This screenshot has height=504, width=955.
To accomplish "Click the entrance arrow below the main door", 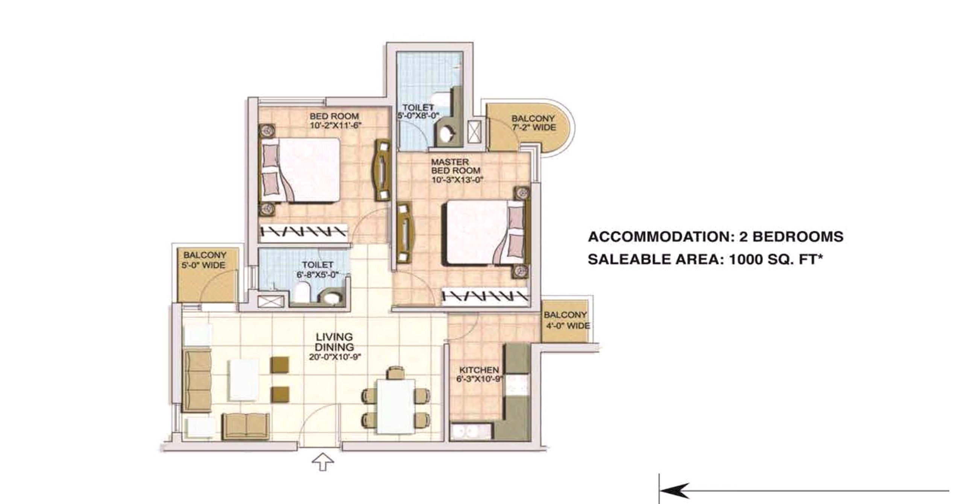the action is point(323,462).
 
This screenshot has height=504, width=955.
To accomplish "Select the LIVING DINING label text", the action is point(334,342).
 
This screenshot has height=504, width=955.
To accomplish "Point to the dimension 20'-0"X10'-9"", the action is point(335,357).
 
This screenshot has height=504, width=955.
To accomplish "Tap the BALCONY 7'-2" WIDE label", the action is point(533,123).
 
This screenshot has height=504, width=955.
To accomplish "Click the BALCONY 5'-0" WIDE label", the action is point(204,260).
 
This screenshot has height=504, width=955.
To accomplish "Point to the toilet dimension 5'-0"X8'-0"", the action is point(419,115).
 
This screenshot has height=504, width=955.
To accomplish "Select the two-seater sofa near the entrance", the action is point(246,427).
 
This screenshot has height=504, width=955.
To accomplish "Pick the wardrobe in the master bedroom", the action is point(486,296).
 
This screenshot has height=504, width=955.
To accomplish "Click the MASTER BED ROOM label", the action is point(455,166).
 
